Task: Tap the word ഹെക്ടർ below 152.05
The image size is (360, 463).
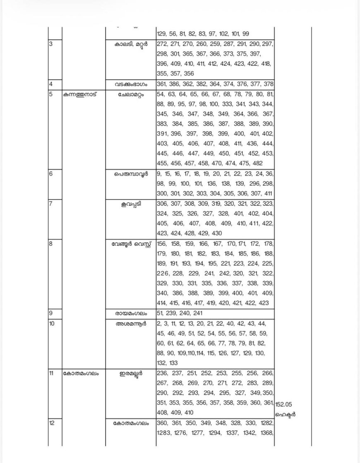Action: click(x=286, y=414)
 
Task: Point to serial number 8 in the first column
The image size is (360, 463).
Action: click(x=50, y=244)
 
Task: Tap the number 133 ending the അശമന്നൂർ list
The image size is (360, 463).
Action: click(x=173, y=363)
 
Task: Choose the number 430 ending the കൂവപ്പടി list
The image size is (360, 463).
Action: click(x=216, y=234)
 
